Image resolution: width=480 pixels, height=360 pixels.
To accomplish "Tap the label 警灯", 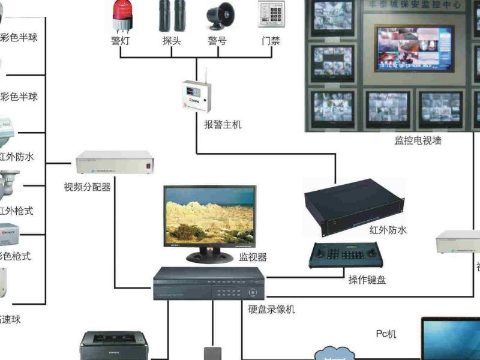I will coord(121,41).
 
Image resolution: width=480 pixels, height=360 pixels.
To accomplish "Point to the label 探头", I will coord(170,41).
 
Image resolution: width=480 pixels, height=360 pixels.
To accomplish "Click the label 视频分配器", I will coord(87,187).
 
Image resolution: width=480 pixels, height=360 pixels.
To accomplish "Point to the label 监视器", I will coord(253,257).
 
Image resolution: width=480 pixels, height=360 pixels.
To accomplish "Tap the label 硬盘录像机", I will coord(271,310).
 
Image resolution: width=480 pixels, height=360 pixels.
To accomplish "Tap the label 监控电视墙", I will coord(418,141).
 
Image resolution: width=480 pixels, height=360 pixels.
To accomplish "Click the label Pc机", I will coord(386,334).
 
